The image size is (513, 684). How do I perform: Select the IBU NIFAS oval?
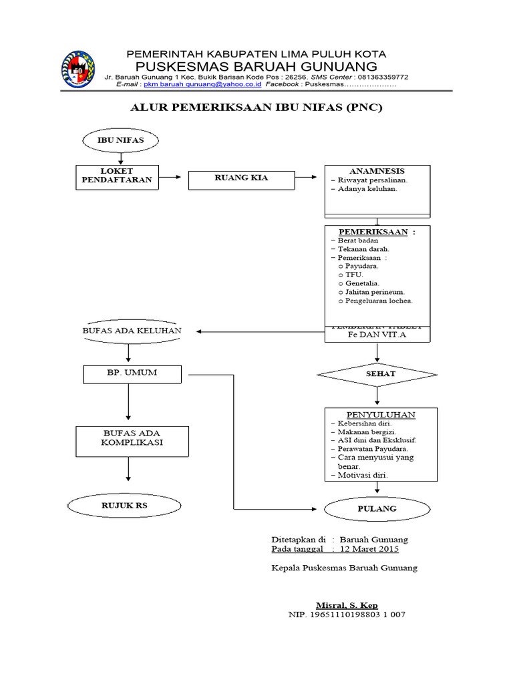(x=121, y=140)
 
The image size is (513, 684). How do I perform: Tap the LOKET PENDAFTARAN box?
(x=117, y=177)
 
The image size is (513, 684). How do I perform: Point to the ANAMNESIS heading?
(x=377, y=171)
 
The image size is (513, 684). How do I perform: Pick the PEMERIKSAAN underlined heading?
(x=372, y=231)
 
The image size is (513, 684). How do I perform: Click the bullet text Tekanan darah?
(x=363, y=248)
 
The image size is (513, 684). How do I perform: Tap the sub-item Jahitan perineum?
(x=375, y=292)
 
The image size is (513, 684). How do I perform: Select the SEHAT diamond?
(x=377, y=374)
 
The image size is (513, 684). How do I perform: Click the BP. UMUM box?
(x=132, y=373)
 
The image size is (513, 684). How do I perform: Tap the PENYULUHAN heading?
(x=381, y=415)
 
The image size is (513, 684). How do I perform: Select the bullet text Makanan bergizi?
(x=367, y=432)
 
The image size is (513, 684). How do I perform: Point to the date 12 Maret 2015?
(x=369, y=549)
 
